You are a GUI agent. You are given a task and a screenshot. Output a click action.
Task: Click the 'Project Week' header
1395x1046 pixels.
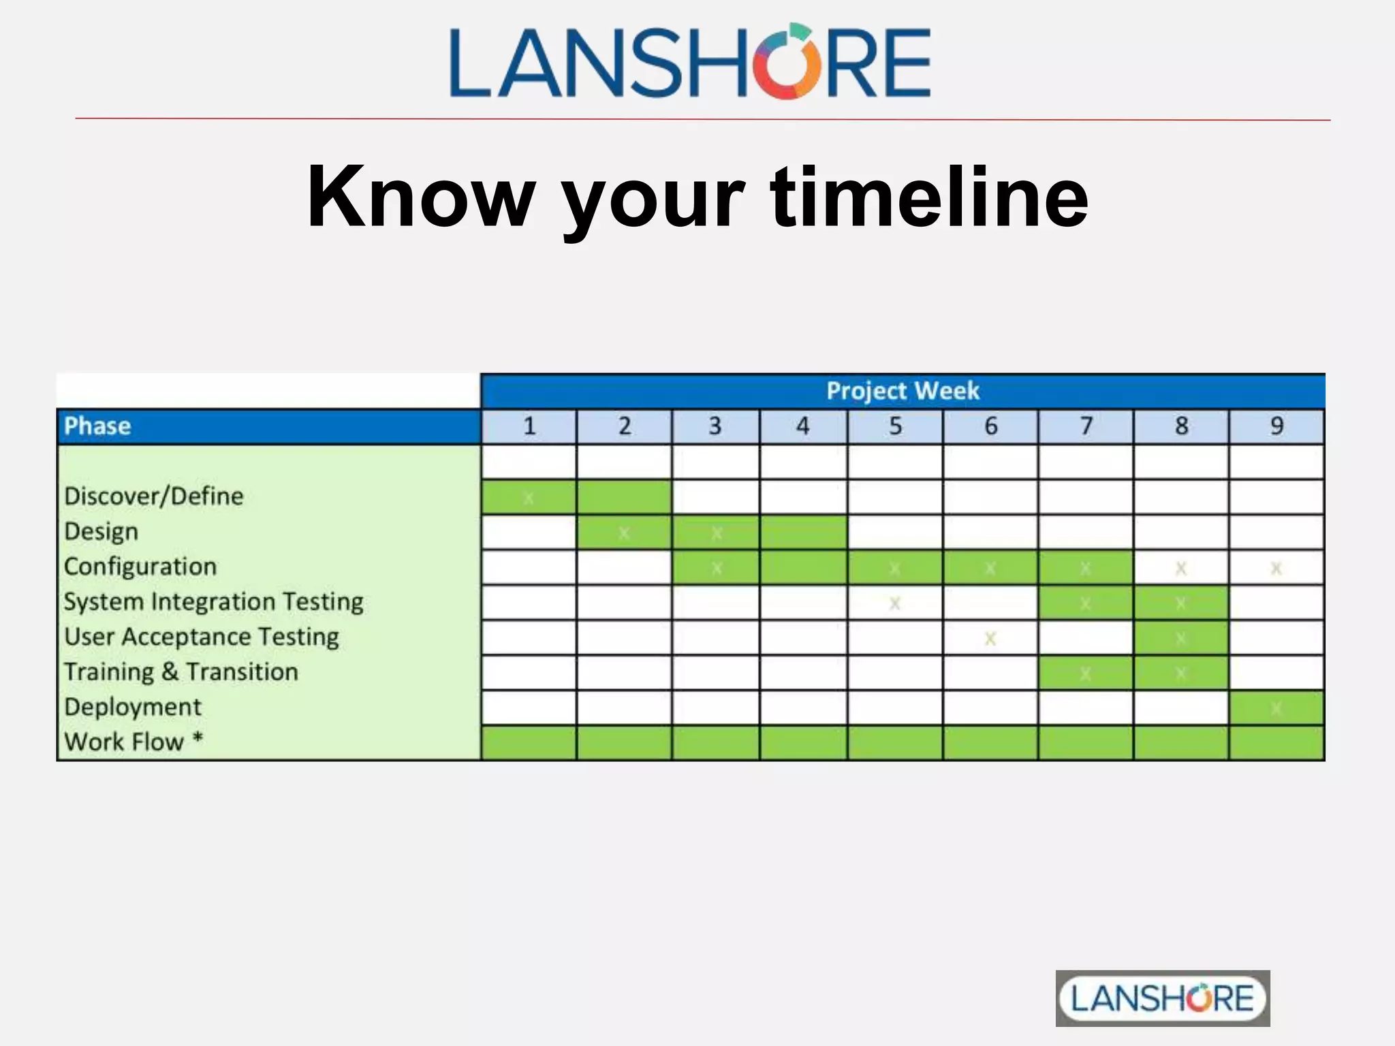point(903,391)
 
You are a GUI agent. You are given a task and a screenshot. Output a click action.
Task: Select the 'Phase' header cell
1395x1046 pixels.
point(97,426)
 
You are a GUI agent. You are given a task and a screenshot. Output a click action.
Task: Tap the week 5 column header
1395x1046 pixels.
point(895,426)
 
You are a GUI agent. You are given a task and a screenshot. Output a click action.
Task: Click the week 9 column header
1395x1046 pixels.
point(1276,426)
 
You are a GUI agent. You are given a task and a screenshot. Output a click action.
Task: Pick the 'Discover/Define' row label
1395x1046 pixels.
point(153,496)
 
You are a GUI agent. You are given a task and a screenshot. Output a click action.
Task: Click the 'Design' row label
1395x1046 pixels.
point(101,532)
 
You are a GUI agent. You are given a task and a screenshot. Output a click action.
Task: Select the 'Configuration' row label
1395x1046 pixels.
point(140,567)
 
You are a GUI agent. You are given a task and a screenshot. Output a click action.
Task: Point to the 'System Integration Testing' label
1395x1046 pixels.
point(213,602)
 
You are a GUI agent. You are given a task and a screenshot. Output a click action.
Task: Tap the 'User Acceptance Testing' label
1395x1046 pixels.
point(202,637)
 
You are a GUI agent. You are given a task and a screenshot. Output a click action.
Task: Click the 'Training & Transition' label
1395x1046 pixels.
point(181,672)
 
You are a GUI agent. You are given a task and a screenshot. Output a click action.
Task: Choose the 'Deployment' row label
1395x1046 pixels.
point(133,708)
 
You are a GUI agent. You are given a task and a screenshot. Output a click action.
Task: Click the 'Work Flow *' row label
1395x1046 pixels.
point(134,742)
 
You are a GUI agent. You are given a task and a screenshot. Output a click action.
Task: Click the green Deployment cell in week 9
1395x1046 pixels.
point(1276,708)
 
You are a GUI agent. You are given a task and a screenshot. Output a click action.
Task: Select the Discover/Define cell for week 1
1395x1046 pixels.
point(529,497)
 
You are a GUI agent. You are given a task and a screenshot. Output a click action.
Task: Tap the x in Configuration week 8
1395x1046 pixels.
point(1181,568)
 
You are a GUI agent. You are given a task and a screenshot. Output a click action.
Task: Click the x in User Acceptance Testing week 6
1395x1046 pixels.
point(990,638)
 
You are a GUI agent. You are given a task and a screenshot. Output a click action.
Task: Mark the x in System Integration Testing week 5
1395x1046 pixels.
point(895,603)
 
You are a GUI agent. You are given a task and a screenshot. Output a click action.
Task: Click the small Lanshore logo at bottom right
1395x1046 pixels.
point(1162,998)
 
